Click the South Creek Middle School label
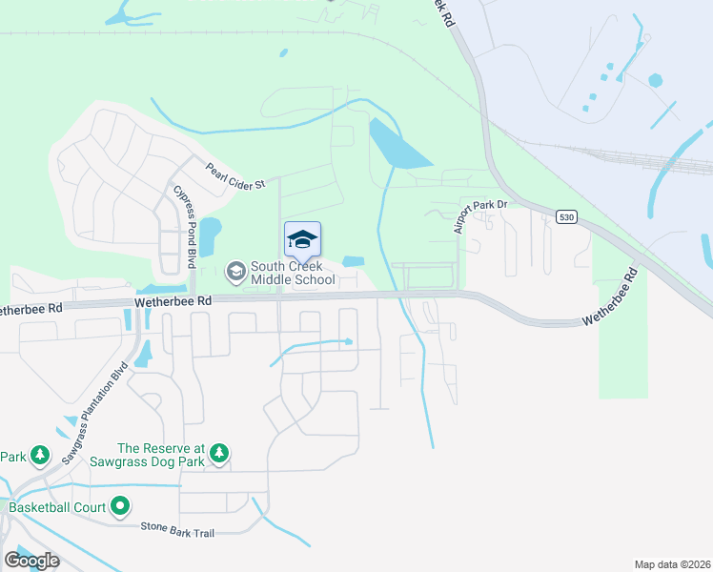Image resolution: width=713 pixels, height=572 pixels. (293, 273)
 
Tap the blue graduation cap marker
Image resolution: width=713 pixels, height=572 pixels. (302, 238)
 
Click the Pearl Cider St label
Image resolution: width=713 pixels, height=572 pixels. (235, 176)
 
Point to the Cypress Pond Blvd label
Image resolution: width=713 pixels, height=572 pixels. (184, 225)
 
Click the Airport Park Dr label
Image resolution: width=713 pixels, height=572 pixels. (479, 216)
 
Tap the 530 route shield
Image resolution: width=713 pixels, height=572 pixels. (567, 216)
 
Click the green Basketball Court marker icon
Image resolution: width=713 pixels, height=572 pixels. (120, 506)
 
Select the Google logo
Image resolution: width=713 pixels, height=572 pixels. (31, 560)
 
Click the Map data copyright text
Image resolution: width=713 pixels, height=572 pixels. (672, 564)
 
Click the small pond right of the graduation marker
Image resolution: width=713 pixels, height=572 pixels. (353, 261)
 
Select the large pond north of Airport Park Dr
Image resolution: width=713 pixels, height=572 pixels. (398, 149)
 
